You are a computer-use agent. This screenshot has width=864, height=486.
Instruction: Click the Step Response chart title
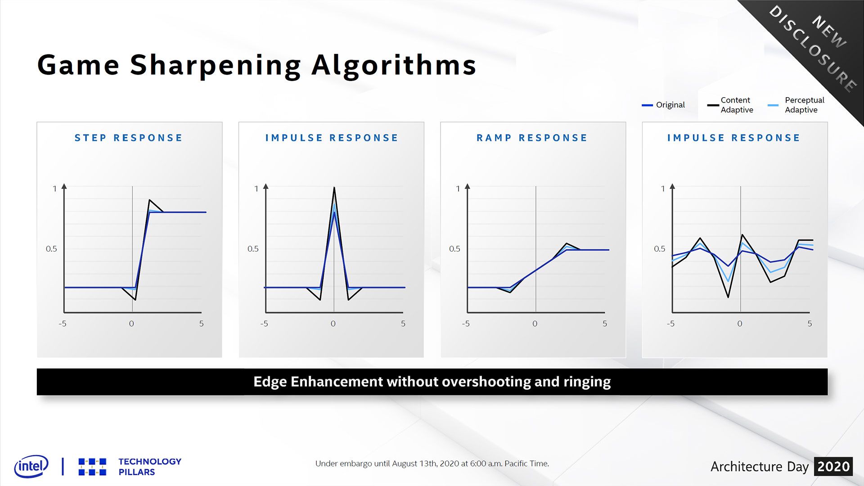(128, 138)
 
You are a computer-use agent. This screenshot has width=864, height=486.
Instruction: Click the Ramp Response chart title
(532, 138)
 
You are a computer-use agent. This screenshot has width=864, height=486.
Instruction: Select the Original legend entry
(663, 105)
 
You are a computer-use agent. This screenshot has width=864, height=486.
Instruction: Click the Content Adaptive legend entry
(730, 105)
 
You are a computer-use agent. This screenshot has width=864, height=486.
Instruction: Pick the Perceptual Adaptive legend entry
(796, 105)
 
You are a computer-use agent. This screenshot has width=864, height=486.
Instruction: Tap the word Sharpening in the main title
(216, 66)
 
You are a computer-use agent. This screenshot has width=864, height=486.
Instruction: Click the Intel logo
(31, 466)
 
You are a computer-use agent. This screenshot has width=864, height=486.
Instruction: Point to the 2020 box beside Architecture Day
(833, 467)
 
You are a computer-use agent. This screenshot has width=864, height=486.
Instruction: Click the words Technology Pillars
(150, 467)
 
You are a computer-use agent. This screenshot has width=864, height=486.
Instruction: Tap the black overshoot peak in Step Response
(149, 200)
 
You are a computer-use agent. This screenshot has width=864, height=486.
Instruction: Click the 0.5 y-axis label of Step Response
(51, 249)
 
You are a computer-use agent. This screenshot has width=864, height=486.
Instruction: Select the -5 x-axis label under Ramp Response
(466, 324)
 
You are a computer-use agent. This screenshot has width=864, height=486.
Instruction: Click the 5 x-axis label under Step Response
(202, 324)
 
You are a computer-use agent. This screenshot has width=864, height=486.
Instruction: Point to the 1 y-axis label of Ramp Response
(458, 189)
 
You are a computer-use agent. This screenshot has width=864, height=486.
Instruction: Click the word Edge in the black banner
(270, 382)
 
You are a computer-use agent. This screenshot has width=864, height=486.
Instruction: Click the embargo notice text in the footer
(432, 463)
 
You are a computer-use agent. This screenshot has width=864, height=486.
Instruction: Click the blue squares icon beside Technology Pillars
(92, 467)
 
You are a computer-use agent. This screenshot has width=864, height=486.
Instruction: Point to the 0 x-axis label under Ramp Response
(535, 324)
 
